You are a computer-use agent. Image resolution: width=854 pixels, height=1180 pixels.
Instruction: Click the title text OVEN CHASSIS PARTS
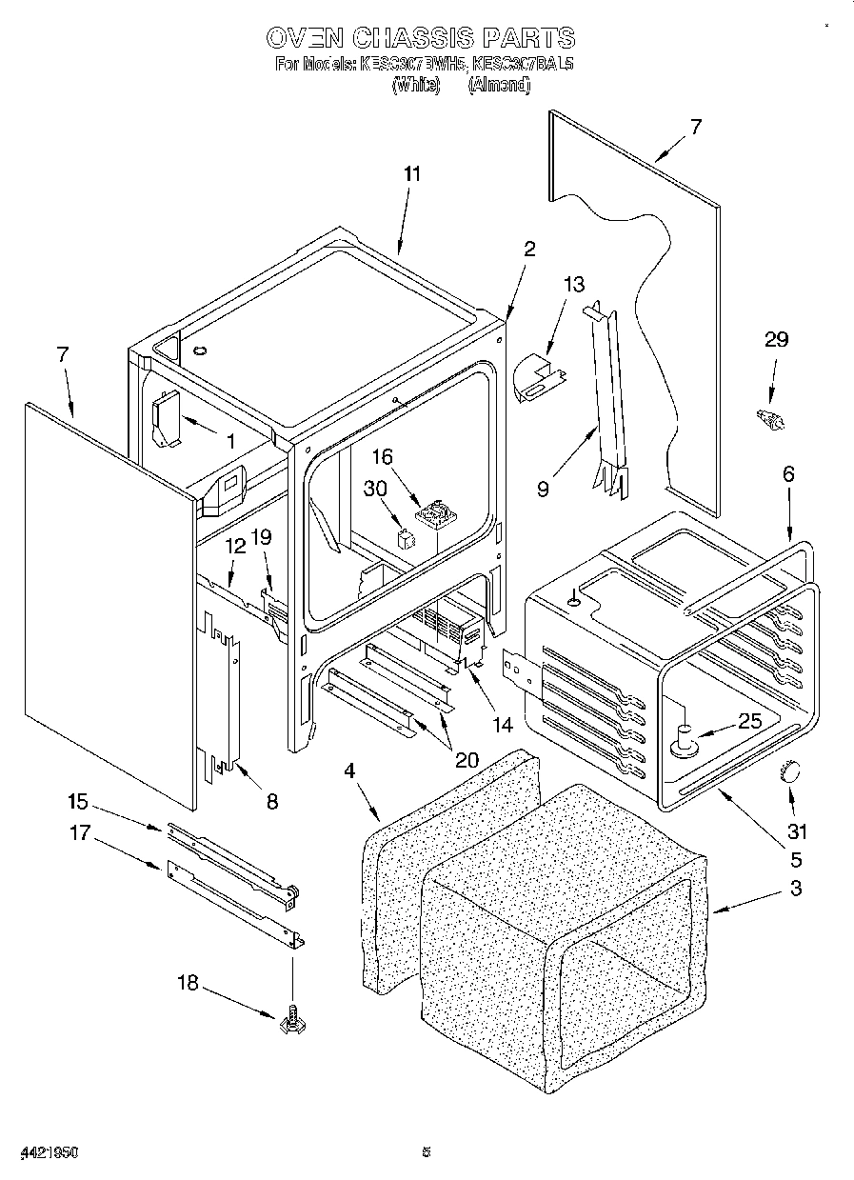coord(420,38)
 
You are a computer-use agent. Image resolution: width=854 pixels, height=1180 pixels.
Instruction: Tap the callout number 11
coord(411,174)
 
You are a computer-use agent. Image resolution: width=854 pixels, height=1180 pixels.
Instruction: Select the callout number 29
coord(777,340)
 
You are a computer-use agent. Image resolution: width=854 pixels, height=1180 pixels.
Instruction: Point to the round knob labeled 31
coord(790,772)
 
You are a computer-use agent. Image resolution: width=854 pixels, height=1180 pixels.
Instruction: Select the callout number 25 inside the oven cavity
coord(750,721)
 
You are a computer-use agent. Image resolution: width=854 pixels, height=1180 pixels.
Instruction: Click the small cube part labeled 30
coord(406,538)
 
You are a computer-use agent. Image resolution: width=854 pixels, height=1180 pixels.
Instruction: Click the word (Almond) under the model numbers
coord(498,85)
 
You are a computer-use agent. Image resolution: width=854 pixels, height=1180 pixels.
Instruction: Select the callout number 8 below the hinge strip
coord(272,802)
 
